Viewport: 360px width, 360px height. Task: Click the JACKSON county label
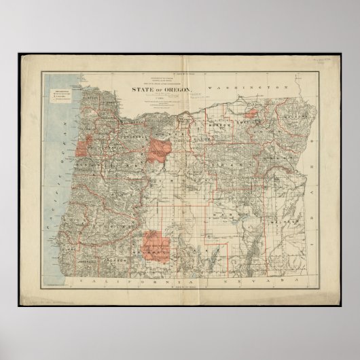coord(117,259)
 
